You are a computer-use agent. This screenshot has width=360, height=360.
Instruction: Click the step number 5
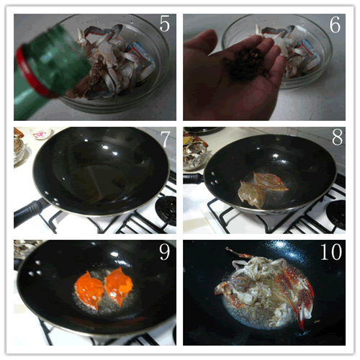[165, 24]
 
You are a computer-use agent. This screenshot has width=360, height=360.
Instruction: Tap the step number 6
[335, 24]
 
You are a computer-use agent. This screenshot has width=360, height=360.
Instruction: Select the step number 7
[166, 139]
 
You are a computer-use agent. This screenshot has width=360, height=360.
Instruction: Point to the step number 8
[337, 137]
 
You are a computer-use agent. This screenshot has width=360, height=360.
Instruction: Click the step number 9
[165, 251]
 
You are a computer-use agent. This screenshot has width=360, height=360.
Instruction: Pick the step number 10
[331, 251]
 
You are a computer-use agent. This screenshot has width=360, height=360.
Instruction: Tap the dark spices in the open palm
[245, 63]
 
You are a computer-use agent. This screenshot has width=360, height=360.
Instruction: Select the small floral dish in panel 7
[41, 133]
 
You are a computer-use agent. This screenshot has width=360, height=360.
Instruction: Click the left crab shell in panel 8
[251, 194]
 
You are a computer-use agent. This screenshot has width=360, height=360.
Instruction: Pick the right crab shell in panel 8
[270, 181]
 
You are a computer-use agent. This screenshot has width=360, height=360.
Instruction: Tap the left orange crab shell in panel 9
[89, 290]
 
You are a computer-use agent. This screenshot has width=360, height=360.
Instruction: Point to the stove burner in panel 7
[166, 211]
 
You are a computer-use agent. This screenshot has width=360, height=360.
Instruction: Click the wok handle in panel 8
[193, 179]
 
